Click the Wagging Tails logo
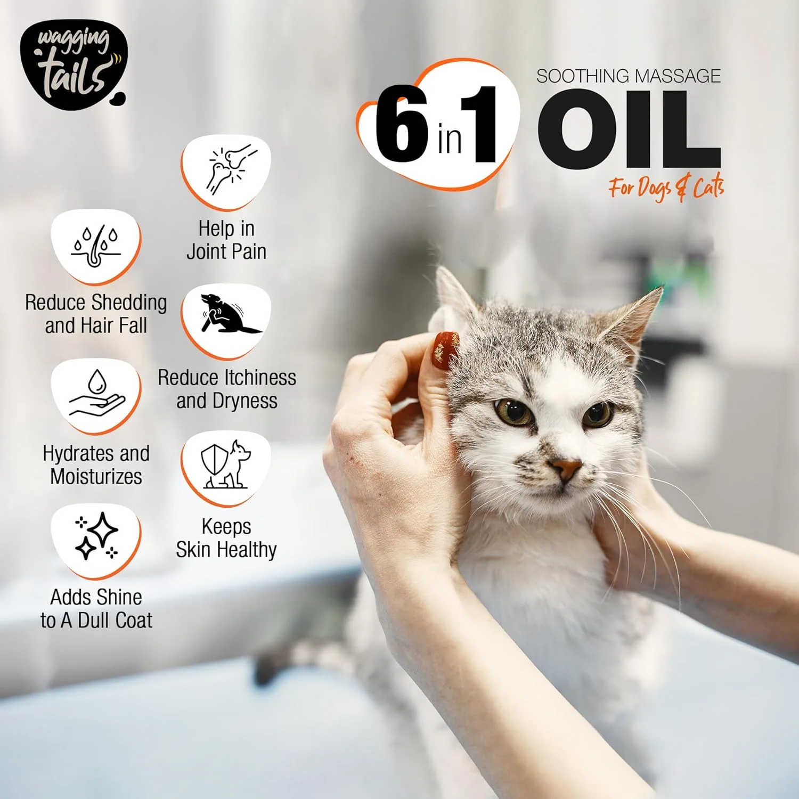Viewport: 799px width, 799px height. [x=73, y=65]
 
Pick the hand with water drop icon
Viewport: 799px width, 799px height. [x=96, y=394]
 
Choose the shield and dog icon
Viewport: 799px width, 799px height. [x=226, y=465]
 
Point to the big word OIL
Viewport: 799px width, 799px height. [x=629, y=131]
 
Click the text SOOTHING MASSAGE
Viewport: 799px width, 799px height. [x=629, y=76]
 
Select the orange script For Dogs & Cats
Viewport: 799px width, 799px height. [x=666, y=187]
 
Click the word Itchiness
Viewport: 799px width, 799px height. [x=251, y=378]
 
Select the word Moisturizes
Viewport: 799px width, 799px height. [x=96, y=476]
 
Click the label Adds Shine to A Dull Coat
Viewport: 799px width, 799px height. [x=96, y=608]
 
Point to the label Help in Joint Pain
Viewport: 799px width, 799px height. [x=226, y=240]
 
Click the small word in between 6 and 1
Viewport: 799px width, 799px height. [x=450, y=140]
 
